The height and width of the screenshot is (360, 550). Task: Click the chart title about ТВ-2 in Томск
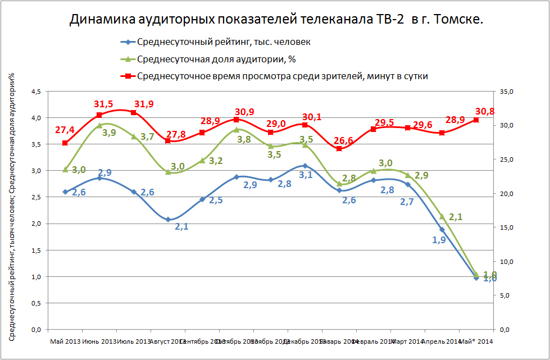point(276,20)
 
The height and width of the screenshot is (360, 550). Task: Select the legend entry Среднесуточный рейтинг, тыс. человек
point(224,42)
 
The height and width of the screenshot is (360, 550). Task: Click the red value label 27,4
point(65,130)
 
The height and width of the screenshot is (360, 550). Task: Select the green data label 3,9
point(109,133)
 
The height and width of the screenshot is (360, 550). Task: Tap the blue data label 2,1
point(181,226)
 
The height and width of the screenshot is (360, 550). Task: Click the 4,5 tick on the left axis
point(35,92)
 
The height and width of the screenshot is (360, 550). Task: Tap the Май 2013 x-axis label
point(65,341)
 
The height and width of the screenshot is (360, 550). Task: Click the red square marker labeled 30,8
point(476,120)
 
